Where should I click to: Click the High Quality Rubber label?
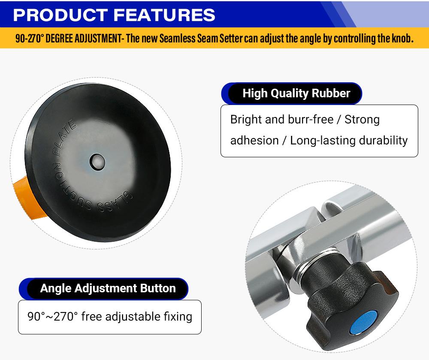pyautogui.click(x=296, y=93)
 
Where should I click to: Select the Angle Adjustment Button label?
pyautogui.click(x=108, y=288)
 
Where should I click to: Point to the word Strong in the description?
pyautogui.click(x=362, y=119)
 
